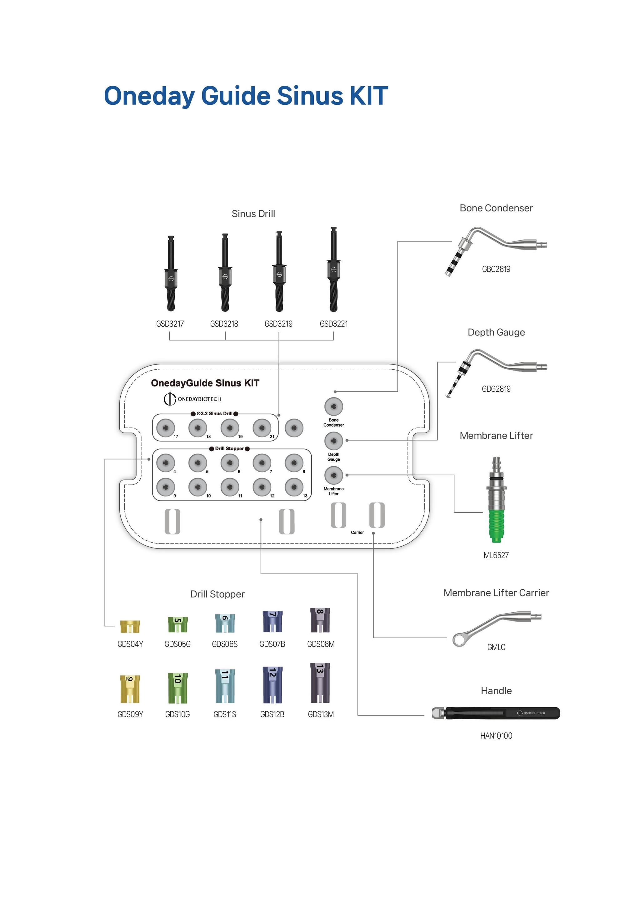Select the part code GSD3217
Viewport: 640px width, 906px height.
[x=170, y=324]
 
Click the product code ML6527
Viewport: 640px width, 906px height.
[x=496, y=555]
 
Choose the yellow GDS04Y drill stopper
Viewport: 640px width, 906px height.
[x=130, y=626]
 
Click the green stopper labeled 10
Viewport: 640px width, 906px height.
[x=177, y=689]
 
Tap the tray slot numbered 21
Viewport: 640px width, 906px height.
[x=262, y=428]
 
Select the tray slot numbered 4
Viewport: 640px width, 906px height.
[x=166, y=463]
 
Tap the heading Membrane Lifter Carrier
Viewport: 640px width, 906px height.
[x=496, y=593]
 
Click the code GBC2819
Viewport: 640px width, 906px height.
[x=496, y=269]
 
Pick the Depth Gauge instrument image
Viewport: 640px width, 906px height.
[x=496, y=371]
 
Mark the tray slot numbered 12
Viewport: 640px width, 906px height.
[x=262, y=487]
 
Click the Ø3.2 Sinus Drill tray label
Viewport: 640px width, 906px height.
[x=214, y=413]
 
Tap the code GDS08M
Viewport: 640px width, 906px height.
[x=321, y=644]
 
